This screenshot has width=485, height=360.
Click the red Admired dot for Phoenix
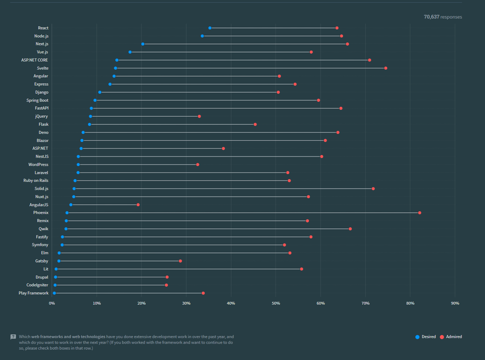tap(419, 213)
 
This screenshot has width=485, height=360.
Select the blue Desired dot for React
tap(210, 28)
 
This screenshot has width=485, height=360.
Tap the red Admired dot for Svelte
tap(386, 68)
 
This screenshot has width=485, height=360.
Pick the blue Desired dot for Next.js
tap(143, 44)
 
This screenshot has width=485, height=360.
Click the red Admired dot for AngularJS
tap(138, 205)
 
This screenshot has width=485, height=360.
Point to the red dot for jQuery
tap(199, 116)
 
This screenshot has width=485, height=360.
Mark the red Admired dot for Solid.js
tap(373, 188)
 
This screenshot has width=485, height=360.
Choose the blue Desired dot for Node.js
tap(202, 36)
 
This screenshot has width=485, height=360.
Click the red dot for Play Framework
tap(203, 293)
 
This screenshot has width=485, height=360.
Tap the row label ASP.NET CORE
tap(34, 60)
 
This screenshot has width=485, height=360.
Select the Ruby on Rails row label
tap(36, 180)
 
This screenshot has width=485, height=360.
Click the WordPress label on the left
tap(38, 165)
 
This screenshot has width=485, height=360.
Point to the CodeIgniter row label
tap(37, 285)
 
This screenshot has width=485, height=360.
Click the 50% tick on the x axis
tap(276, 303)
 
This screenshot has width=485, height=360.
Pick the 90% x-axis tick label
tap(455, 303)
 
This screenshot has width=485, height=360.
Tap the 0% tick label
tap(52, 303)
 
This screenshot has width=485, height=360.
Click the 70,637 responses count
tap(442, 17)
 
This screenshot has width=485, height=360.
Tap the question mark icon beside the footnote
tap(13, 337)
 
